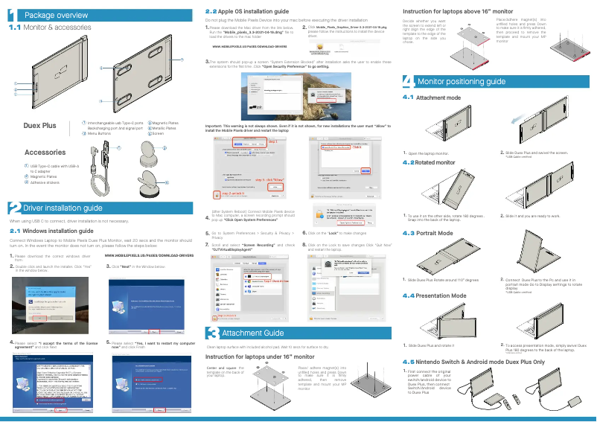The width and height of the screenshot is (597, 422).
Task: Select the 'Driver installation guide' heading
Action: pos(63,208)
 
